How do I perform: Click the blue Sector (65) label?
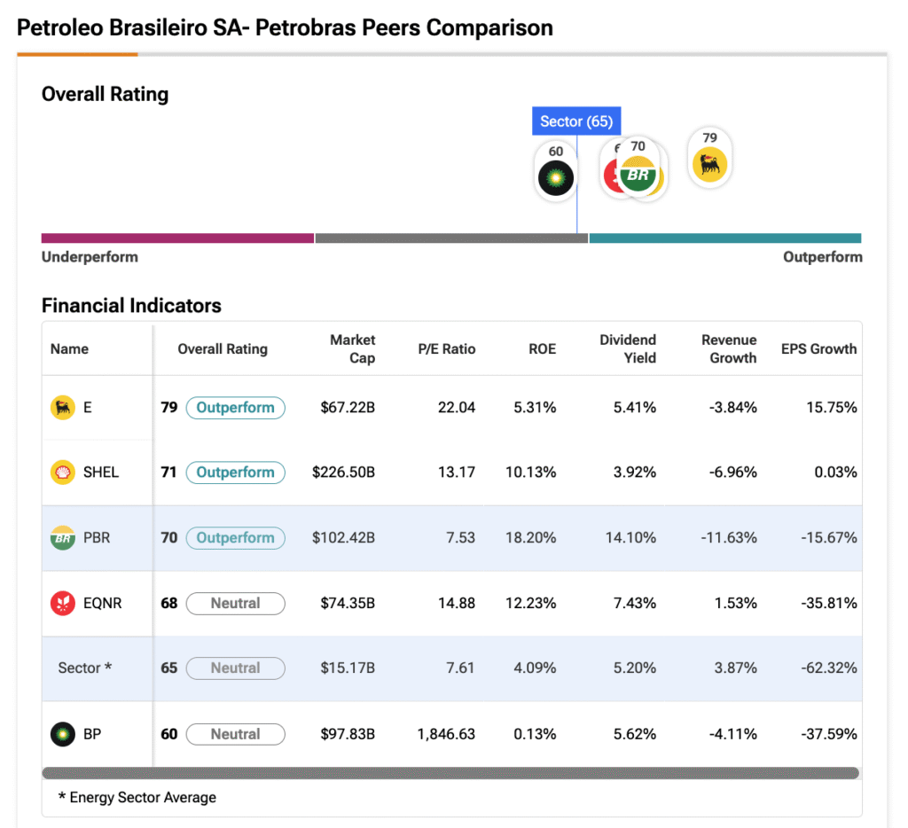tap(576, 121)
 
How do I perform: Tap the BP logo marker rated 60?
tap(556, 177)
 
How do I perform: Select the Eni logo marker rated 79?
tap(709, 164)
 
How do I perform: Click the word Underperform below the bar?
tap(90, 257)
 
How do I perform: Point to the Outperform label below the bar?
tap(822, 257)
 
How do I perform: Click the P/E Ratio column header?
tap(447, 349)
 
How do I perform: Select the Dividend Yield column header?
tap(628, 349)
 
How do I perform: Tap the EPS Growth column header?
tap(818, 349)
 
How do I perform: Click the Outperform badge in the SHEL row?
tap(235, 473)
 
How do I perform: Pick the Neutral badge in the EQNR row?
tap(235, 604)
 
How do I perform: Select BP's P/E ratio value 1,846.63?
tap(446, 734)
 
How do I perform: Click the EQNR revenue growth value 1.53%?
tap(735, 604)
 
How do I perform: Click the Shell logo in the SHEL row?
tap(63, 473)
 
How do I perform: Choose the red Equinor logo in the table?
tap(63, 604)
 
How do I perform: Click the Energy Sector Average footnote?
tap(137, 798)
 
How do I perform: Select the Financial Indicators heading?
tap(131, 306)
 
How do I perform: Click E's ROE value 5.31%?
tap(535, 408)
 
